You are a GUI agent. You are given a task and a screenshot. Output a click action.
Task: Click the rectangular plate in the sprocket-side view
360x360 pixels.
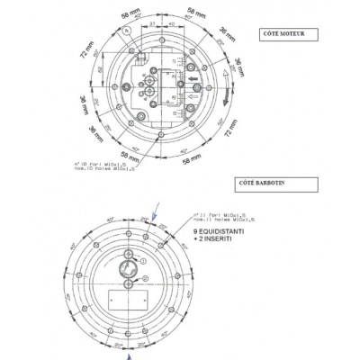(124, 298)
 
